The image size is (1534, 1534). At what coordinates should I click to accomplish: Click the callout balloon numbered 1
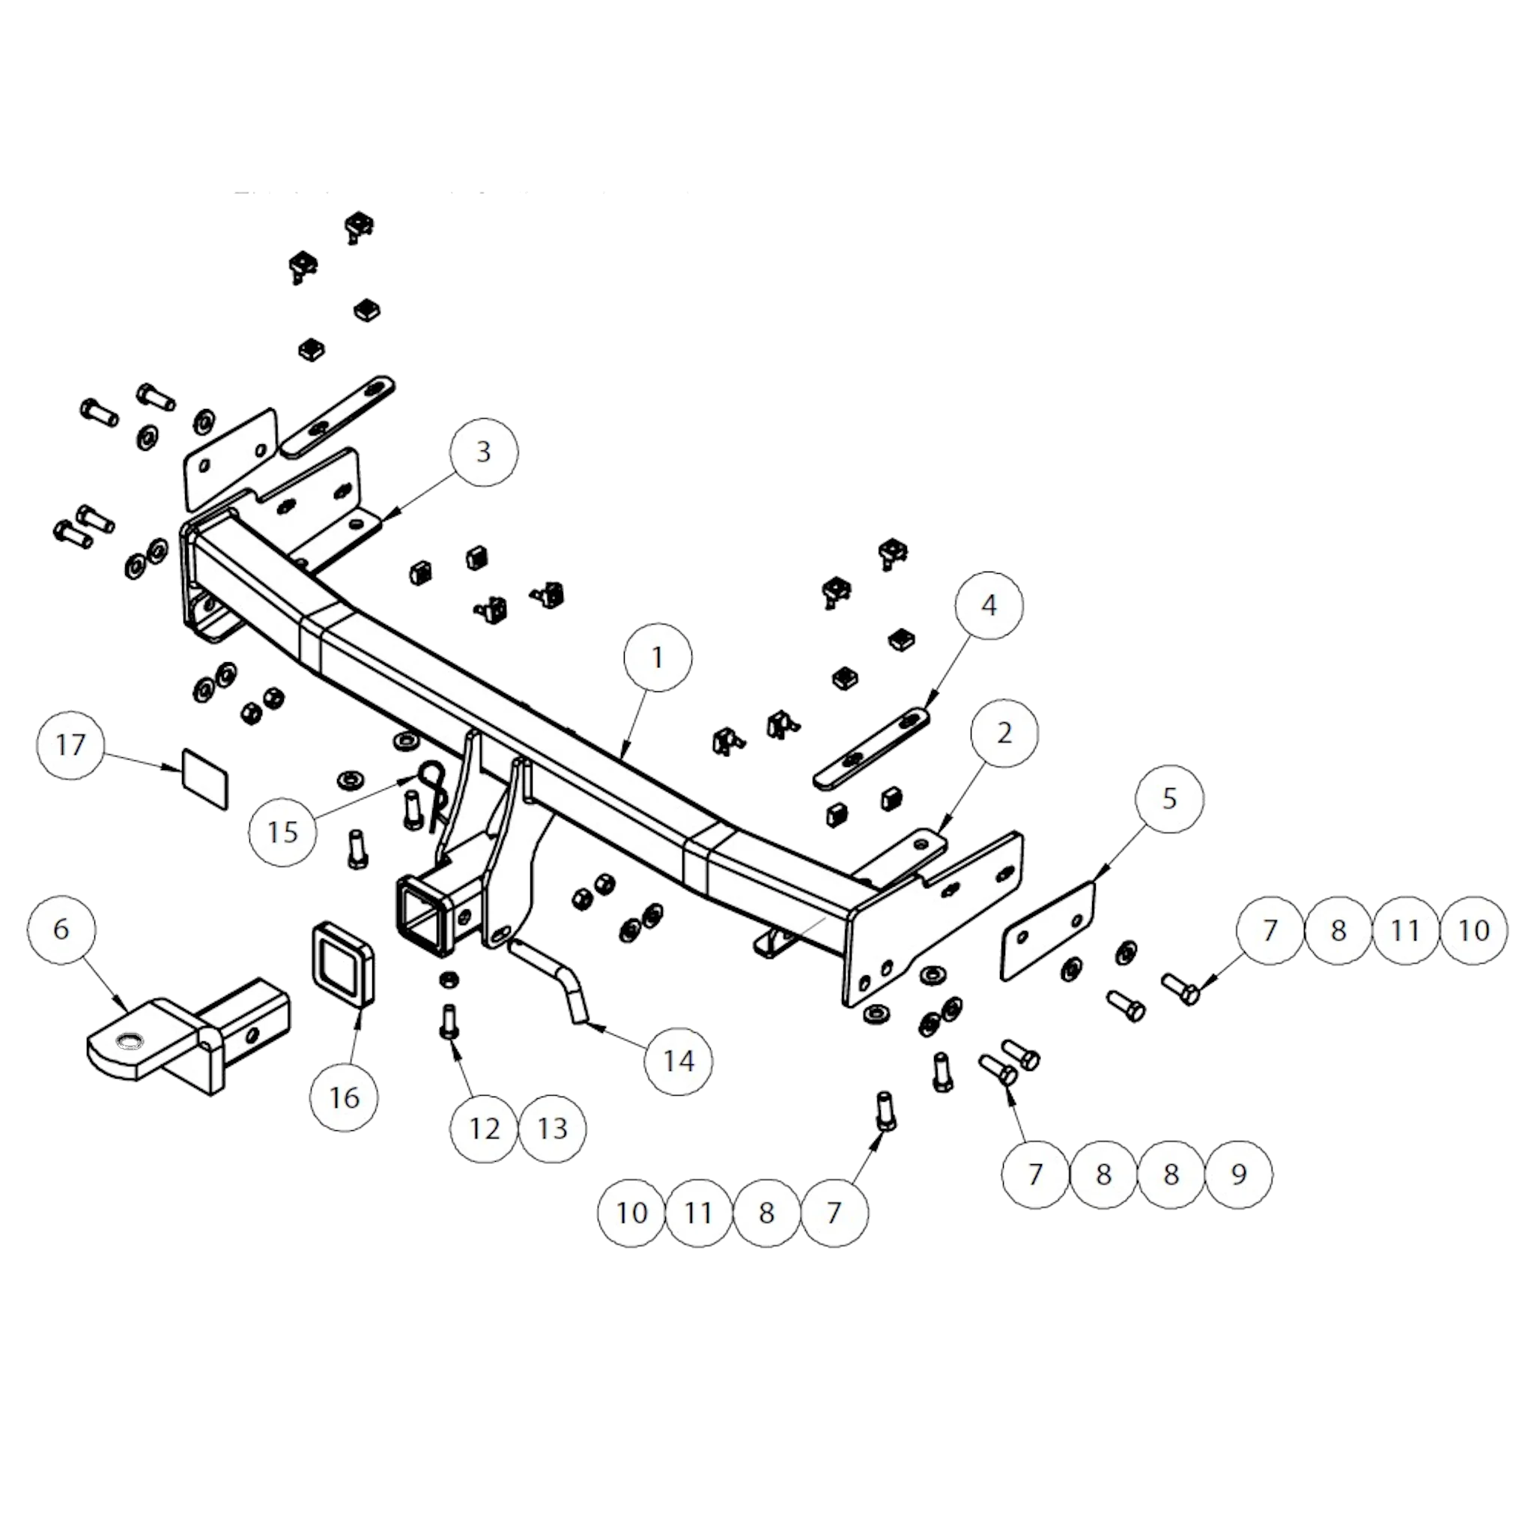pos(658,658)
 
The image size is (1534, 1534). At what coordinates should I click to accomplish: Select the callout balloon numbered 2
pos(1004,733)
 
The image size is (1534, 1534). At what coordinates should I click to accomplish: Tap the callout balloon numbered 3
pos(484,452)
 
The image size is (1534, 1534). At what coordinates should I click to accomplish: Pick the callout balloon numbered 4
pos(989,605)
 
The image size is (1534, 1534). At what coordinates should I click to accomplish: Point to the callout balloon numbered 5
pos(1169,798)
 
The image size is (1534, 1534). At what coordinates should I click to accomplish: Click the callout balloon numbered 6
pos(61,929)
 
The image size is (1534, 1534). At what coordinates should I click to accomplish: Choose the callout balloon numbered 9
pos(1239,1174)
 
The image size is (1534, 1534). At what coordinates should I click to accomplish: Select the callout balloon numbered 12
pos(485,1129)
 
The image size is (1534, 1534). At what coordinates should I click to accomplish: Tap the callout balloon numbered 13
pos(553,1129)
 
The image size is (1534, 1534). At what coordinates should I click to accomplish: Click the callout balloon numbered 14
pos(679,1061)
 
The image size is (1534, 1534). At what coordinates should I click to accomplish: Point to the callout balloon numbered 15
pos(282,832)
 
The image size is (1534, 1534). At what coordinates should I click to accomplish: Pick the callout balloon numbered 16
pos(345,1098)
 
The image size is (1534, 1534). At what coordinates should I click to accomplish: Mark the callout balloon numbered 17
pos(70,745)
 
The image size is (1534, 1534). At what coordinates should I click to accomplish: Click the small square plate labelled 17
pos(204,778)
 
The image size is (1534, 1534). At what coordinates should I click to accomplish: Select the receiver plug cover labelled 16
pos(342,963)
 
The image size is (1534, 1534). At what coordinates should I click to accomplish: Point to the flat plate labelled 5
pos(1048,930)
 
